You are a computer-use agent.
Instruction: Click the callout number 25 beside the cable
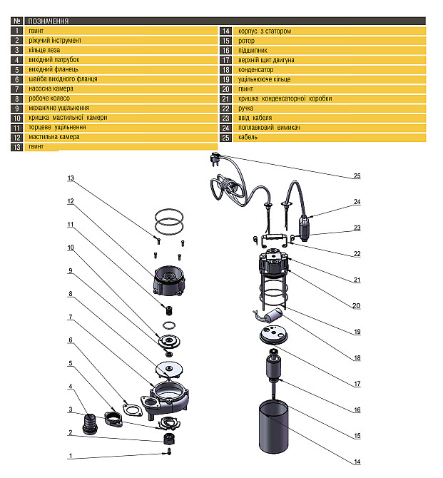coord(357,176)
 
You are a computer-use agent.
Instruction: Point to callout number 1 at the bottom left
coord(71,455)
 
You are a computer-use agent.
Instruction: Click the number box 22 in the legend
coord(225,108)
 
